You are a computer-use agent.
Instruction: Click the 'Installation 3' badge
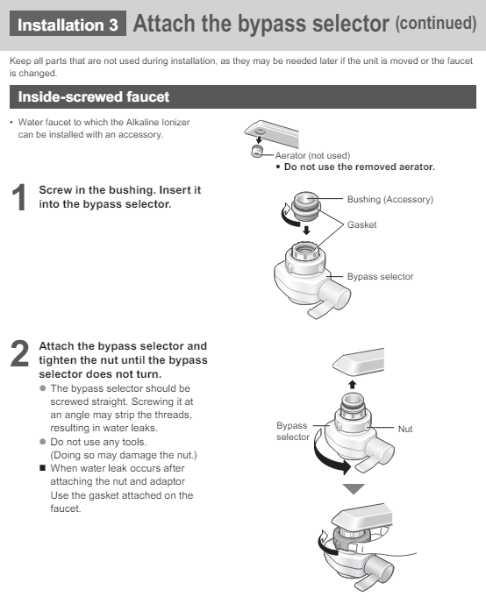tap(68, 24)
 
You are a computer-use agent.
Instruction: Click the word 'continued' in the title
tap(436, 23)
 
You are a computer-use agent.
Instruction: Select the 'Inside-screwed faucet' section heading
tap(94, 96)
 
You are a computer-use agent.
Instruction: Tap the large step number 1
tap(19, 197)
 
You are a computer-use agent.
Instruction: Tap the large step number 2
tap(19, 353)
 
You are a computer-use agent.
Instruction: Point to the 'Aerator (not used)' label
tap(312, 156)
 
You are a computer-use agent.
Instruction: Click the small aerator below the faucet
tap(257, 151)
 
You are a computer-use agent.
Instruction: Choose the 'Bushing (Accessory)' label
tap(390, 199)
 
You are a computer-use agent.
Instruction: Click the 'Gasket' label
tap(361, 224)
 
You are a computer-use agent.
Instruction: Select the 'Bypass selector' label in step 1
tap(380, 276)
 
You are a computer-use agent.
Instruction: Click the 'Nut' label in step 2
tap(405, 429)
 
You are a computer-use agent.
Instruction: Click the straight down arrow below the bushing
tap(306, 230)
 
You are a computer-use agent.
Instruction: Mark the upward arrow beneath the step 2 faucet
tap(353, 385)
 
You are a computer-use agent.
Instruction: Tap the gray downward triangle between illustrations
tap(354, 489)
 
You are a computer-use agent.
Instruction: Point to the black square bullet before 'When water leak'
tap(42, 468)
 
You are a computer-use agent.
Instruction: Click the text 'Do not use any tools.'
tap(98, 442)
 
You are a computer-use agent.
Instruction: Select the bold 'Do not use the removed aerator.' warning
tap(359, 167)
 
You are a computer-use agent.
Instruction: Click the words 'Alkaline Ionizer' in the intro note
tap(158, 122)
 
